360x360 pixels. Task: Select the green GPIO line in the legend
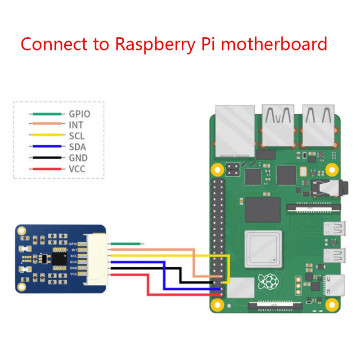[x=45, y=114]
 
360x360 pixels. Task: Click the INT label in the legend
[x=76, y=125]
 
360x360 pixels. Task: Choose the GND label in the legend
[x=78, y=158]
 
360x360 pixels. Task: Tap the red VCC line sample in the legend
[x=45, y=169]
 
